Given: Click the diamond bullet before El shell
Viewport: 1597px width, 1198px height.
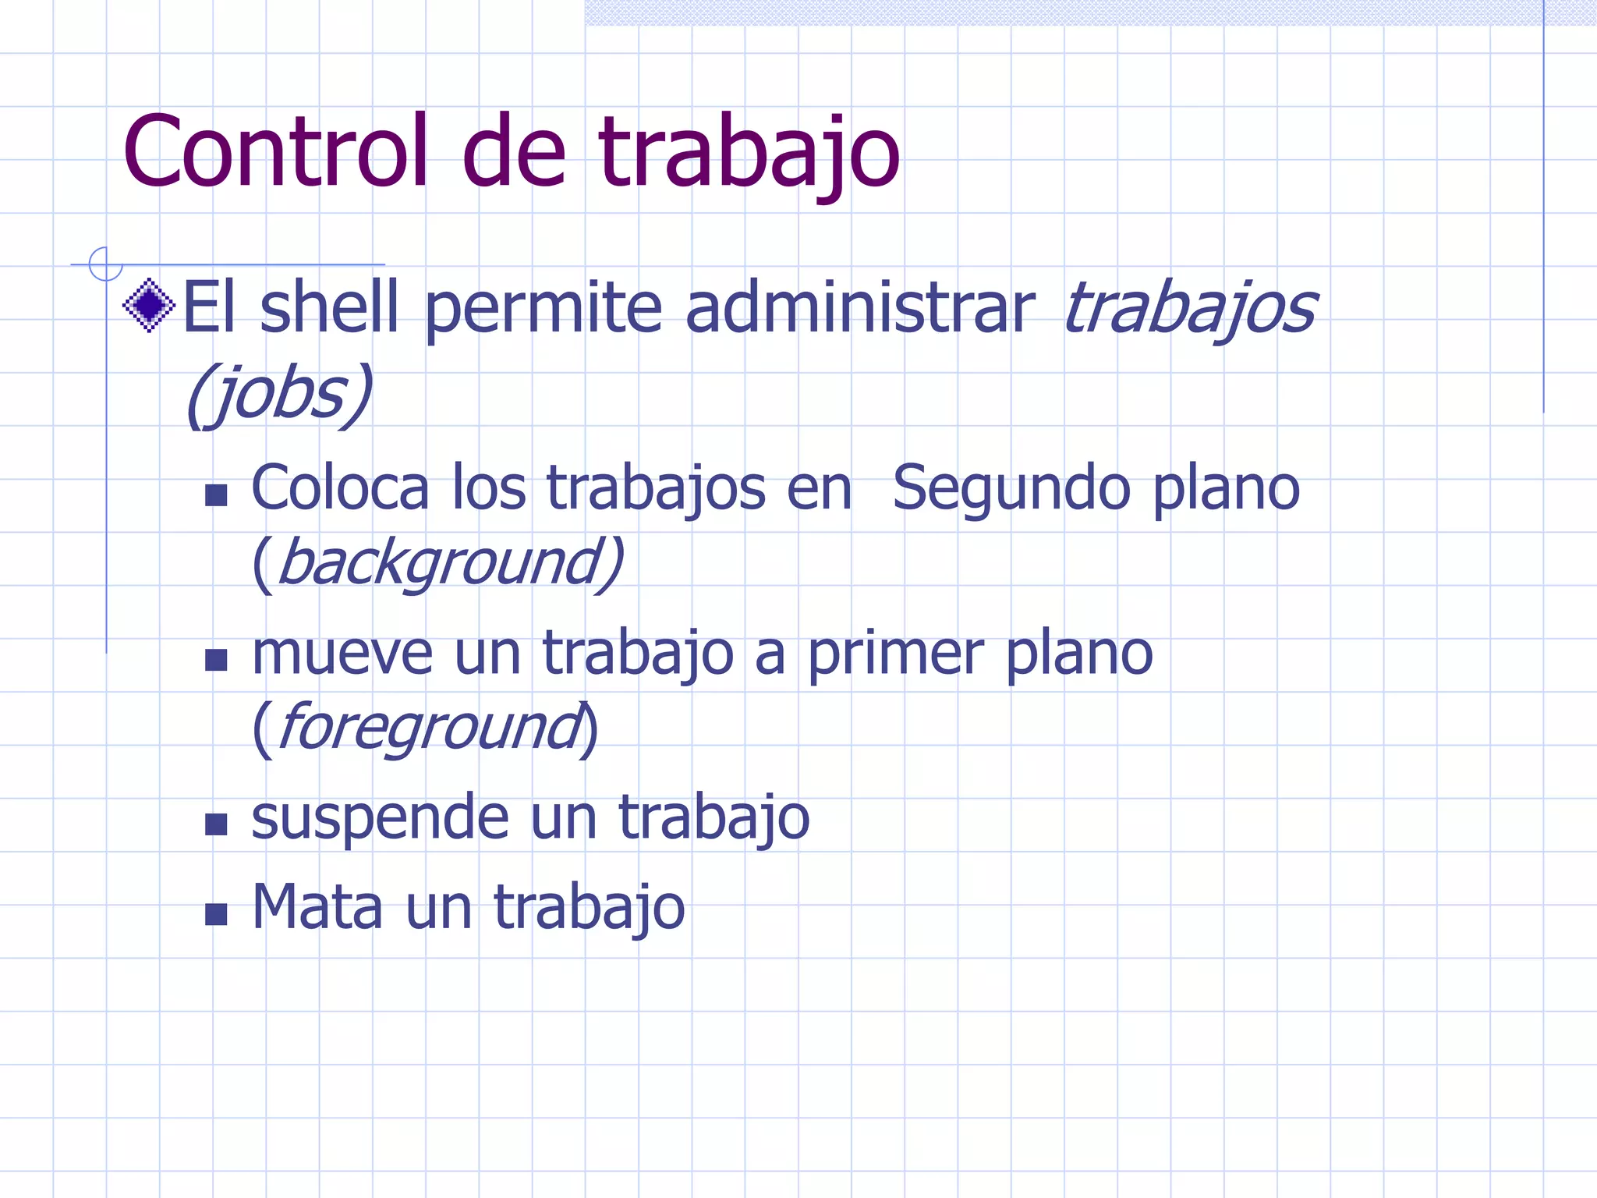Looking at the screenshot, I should pos(149,305).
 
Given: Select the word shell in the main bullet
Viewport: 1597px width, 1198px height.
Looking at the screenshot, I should pos(329,307).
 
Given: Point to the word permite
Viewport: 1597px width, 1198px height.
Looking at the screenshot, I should pos(543,309).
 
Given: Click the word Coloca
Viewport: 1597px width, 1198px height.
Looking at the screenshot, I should pos(340,488).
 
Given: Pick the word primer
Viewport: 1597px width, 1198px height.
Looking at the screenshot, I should pos(894,655).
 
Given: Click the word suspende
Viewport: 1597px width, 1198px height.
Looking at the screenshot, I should pos(380,819).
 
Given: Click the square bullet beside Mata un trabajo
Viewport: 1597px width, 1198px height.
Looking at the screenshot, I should pos(216,913).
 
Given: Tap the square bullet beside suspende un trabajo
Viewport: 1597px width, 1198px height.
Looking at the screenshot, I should pos(216,824).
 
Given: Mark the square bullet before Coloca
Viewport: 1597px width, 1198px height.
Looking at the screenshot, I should pos(216,494).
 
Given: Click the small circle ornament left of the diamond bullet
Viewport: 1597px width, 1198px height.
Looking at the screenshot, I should pos(105,264).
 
